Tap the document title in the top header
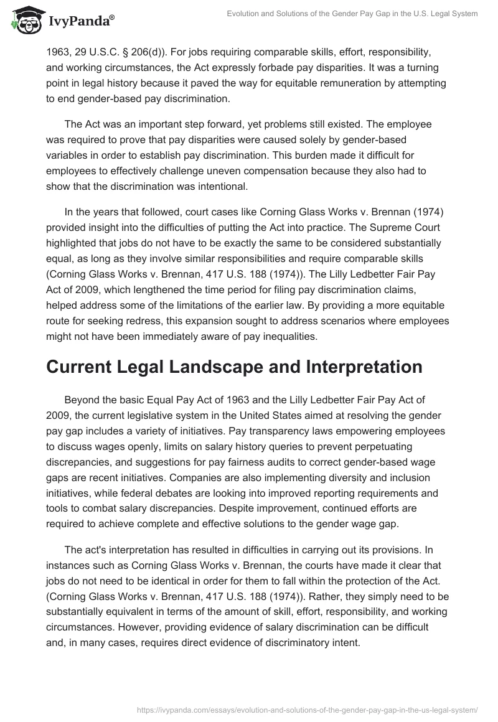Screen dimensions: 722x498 [352, 14]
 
